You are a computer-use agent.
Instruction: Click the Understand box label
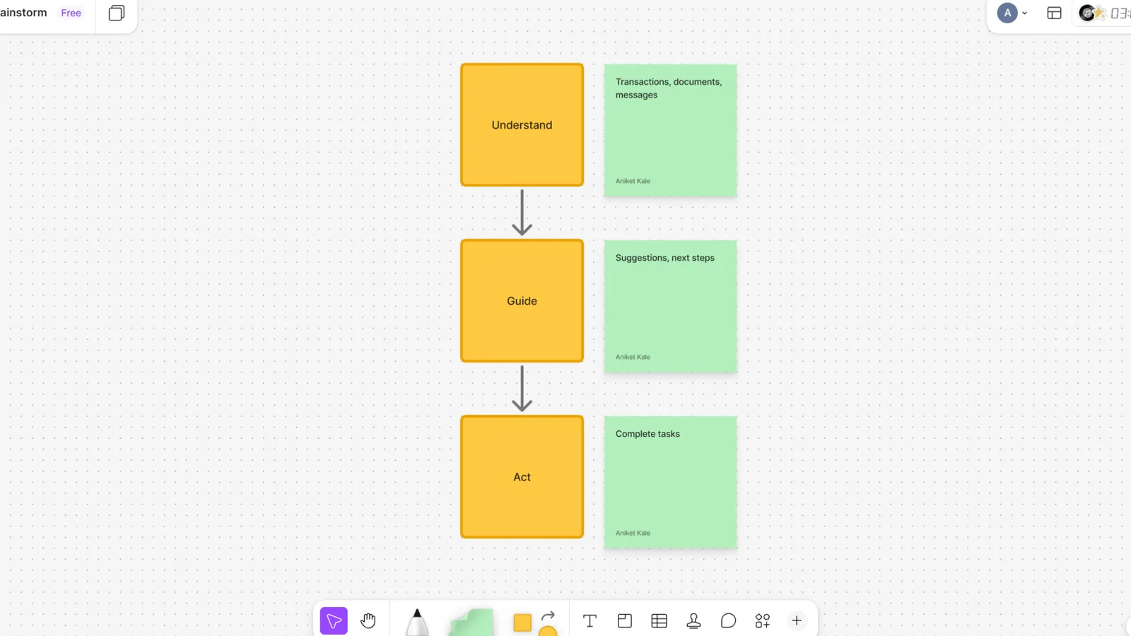pos(522,125)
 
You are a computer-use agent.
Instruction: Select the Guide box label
pos(522,301)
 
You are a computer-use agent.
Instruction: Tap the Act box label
pos(522,477)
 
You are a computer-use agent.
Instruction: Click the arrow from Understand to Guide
pos(522,213)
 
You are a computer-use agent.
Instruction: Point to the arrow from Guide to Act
pos(522,389)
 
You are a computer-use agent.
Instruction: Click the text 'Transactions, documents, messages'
pos(669,88)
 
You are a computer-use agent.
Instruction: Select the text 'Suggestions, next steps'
pos(664,258)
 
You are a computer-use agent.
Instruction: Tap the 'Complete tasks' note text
pos(647,434)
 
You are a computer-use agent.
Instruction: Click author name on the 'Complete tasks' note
pos(633,533)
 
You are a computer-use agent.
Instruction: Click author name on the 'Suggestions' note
pos(633,357)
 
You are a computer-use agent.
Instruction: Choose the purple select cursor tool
pos(334,621)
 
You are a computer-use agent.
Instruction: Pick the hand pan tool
pos(368,621)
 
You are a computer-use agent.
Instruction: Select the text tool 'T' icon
pos(590,621)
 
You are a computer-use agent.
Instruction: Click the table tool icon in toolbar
pos(659,621)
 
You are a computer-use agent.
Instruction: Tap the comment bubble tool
pos(728,621)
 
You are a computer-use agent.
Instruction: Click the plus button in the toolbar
pos(797,621)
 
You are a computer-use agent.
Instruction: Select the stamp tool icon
pos(693,621)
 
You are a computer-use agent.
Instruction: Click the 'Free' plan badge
pos(71,13)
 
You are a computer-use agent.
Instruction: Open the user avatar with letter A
pos(1007,13)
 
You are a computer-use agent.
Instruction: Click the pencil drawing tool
pos(416,623)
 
